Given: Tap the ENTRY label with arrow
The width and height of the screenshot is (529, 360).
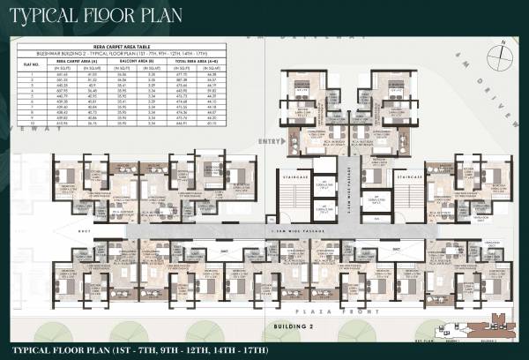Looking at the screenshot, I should (x=266, y=140).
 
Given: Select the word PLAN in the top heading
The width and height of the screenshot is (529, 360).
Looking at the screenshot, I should (x=181, y=15).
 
